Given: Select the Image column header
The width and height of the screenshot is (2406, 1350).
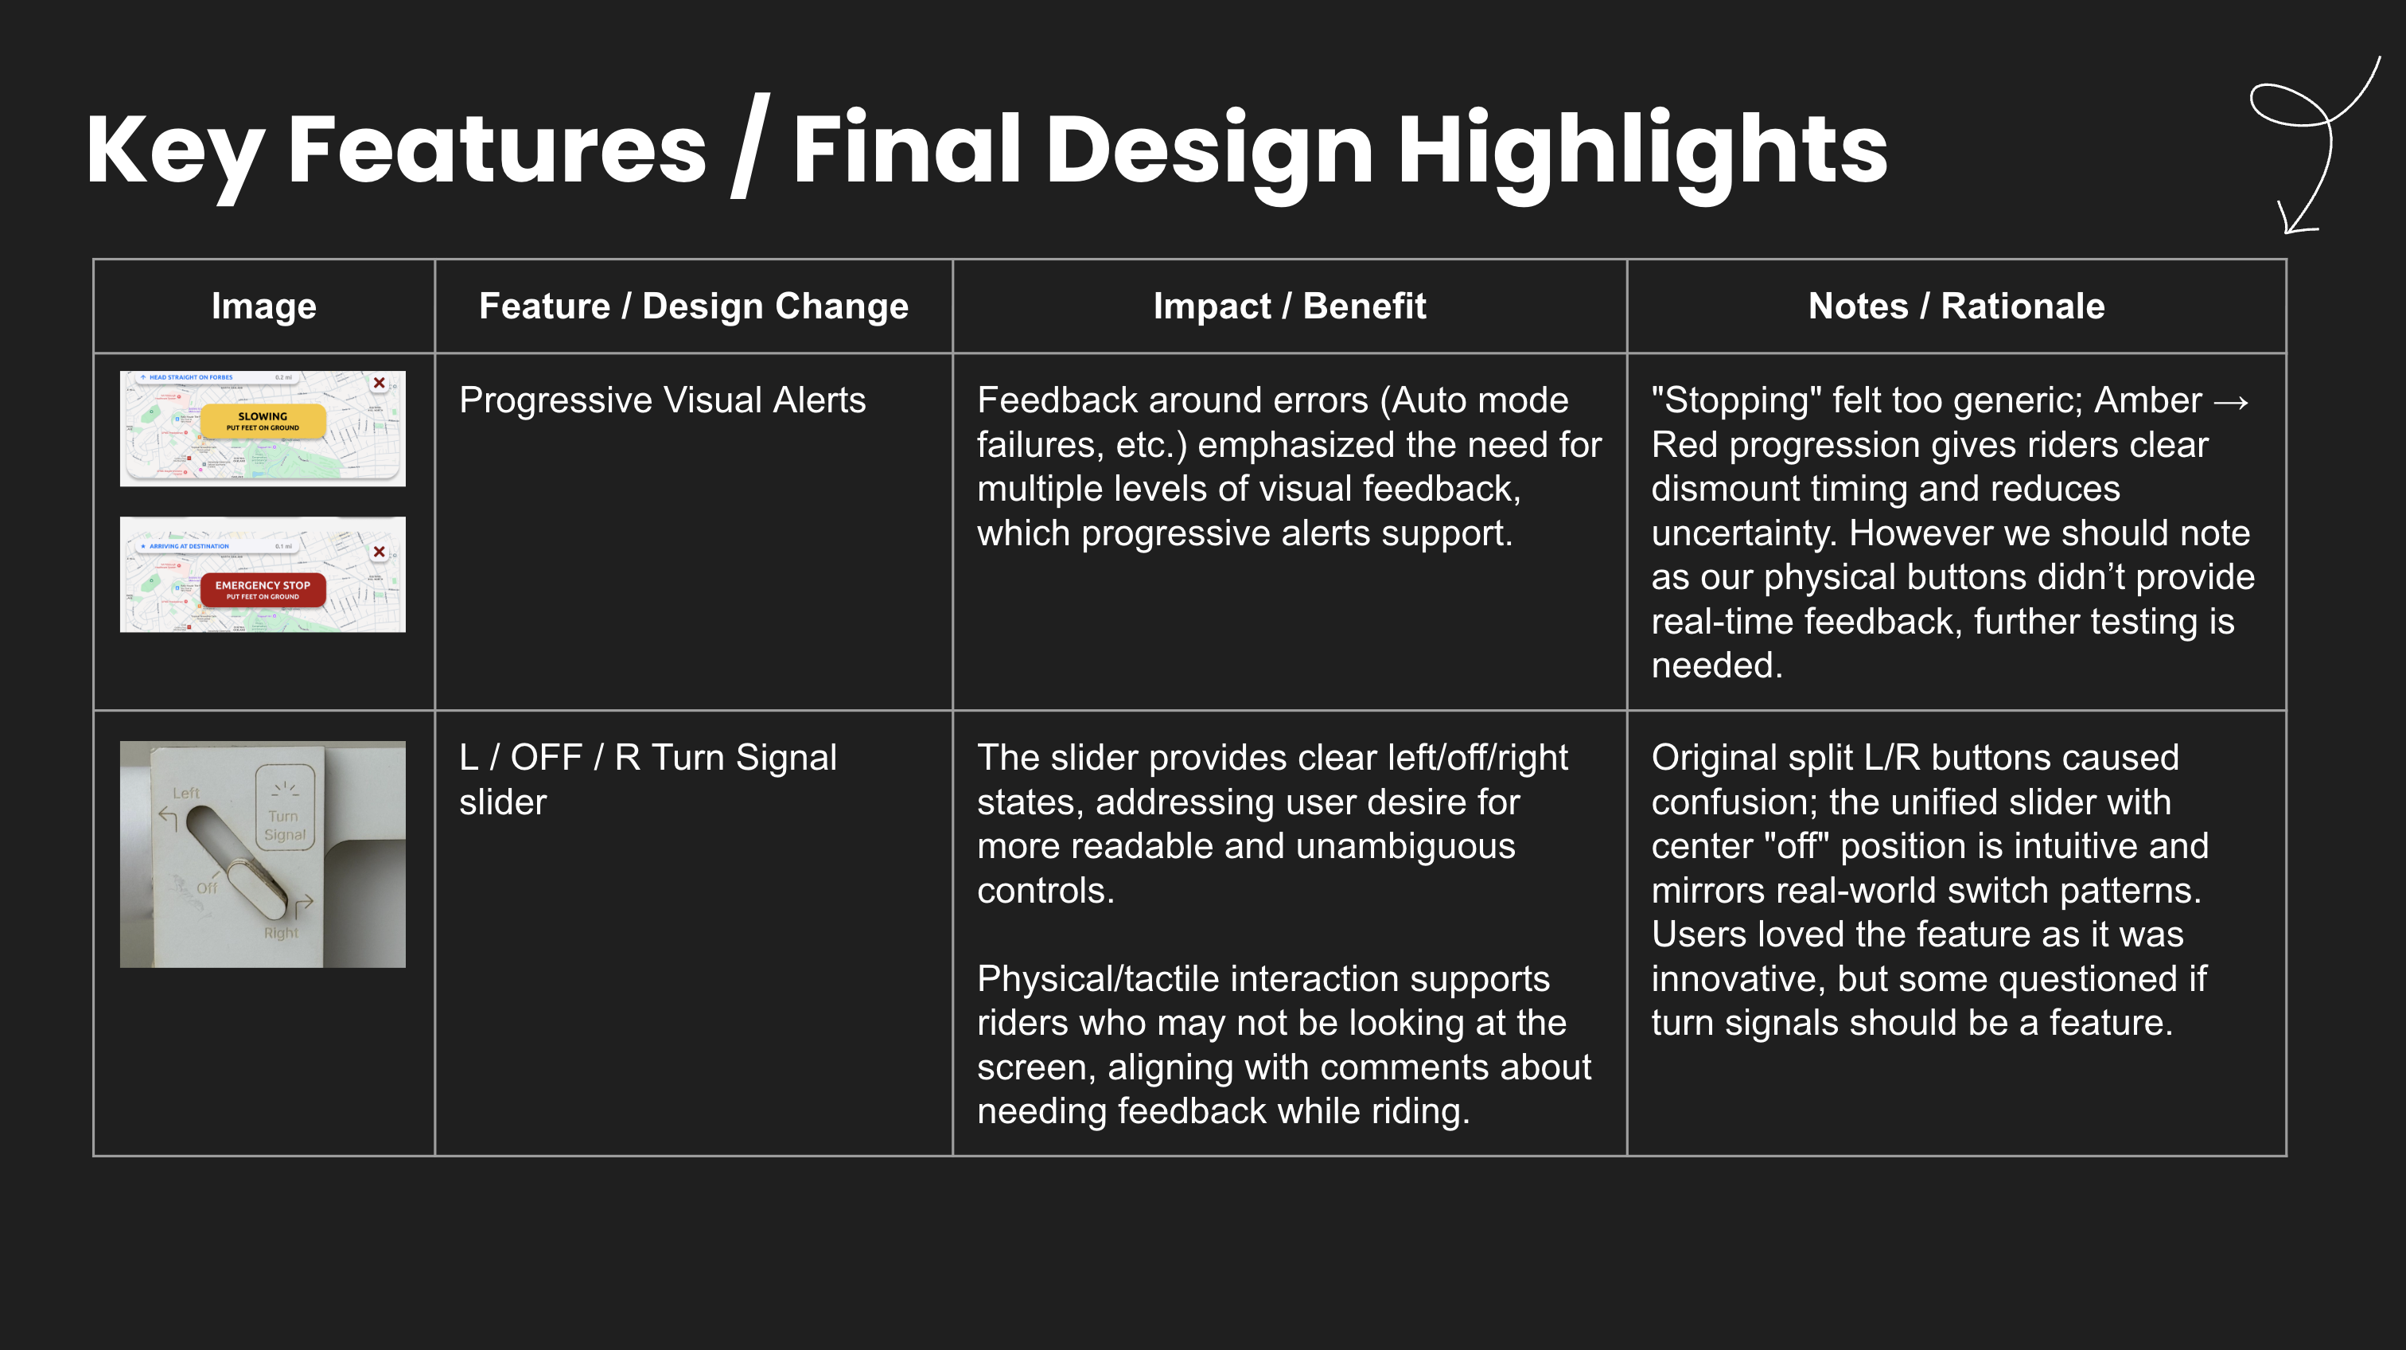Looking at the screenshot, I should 263,306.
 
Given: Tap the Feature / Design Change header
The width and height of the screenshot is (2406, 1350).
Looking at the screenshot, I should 693,306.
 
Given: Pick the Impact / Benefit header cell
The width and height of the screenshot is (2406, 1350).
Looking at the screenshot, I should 1289,306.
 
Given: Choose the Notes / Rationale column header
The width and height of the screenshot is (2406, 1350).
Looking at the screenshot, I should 1956,306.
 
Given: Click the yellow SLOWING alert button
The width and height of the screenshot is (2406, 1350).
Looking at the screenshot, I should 263,421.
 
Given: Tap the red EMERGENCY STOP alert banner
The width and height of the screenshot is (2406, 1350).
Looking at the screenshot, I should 263,590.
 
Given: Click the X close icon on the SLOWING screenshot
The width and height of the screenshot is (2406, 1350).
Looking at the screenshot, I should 380,383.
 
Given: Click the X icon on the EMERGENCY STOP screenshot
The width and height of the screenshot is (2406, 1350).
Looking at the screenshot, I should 380,551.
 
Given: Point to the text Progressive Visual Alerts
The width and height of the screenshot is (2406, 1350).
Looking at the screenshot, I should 662,400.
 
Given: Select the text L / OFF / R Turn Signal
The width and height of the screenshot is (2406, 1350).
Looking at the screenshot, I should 648,758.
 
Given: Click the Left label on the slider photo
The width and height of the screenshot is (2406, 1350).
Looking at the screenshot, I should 186,793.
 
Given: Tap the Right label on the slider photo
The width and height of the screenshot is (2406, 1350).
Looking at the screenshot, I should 280,932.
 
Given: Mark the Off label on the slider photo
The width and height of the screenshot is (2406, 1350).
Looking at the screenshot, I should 206,888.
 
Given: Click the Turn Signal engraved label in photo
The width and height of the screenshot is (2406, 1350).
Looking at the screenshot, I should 284,824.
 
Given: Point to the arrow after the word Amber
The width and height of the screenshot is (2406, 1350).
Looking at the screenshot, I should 2230,402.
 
